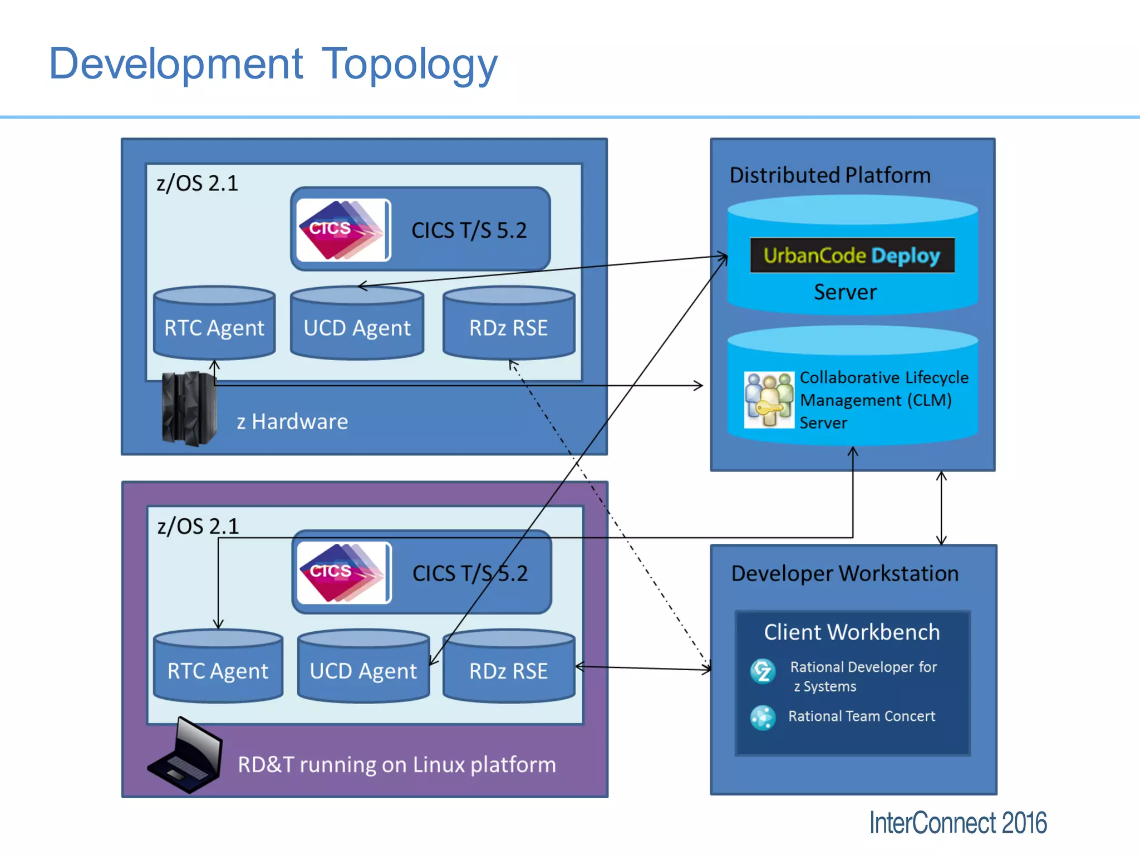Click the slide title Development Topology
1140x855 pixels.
pyautogui.click(x=273, y=64)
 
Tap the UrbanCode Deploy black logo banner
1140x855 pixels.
pyautogui.click(x=852, y=255)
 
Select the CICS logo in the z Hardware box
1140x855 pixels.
pyautogui.click(x=343, y=230)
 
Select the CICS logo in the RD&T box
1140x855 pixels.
pyautogui.click(x=343, y=573)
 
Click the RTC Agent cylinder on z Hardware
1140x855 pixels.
pyautogui.click(x=214, y=326)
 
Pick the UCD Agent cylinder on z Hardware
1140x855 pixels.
pyautogui.click(x=357, y=326)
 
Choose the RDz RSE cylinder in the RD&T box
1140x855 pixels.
pyautogui.click(x=508, y=668)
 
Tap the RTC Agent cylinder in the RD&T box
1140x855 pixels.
pyautogui.click(x=218, y=668)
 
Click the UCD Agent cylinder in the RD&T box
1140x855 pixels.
pyautogui.click(x=363, y=668)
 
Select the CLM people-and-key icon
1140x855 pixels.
pyautogui.click(x=769, y=400)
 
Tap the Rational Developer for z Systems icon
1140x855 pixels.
pyautogui.click(x=763, y=671)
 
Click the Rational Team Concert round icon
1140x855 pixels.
pyautogui.click(x=763, y=717)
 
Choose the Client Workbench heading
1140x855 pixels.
pyautogui.click(x=852, y=632)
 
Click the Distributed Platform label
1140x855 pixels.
pyautogui.click(x=829, y=175)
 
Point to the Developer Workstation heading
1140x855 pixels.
pyautogui.click(x=844, y=573)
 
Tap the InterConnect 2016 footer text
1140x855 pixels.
pyautogui.click(x=957, y=823)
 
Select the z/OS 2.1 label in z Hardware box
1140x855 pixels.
pyautogui.click(x=197, y=183)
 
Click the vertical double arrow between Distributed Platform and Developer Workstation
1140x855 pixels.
pyautogui.click(x=941, y=508)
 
